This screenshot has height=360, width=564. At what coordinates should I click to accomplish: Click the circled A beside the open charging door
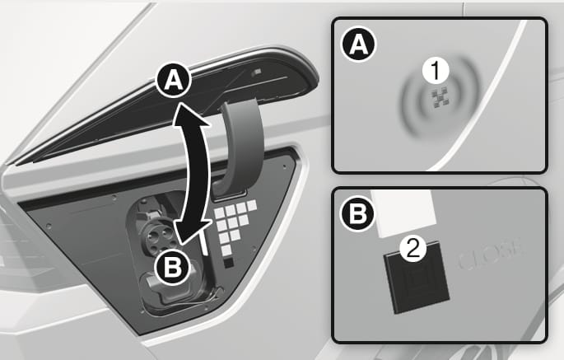[174, 83]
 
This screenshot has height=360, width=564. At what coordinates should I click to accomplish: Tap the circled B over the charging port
[172, 267]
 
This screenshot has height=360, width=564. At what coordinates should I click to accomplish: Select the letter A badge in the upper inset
[358, 44]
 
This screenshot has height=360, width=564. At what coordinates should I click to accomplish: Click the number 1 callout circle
[436, 70]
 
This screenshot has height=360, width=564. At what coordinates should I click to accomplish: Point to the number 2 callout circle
[413, 249]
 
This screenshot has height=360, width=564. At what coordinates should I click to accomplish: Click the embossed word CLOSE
[490, 256]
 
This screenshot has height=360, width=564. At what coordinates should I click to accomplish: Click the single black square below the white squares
[229, 263]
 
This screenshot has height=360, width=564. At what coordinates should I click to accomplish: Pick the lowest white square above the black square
[226, 250]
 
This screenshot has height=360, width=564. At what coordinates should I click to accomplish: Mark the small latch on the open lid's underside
[256, 72]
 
